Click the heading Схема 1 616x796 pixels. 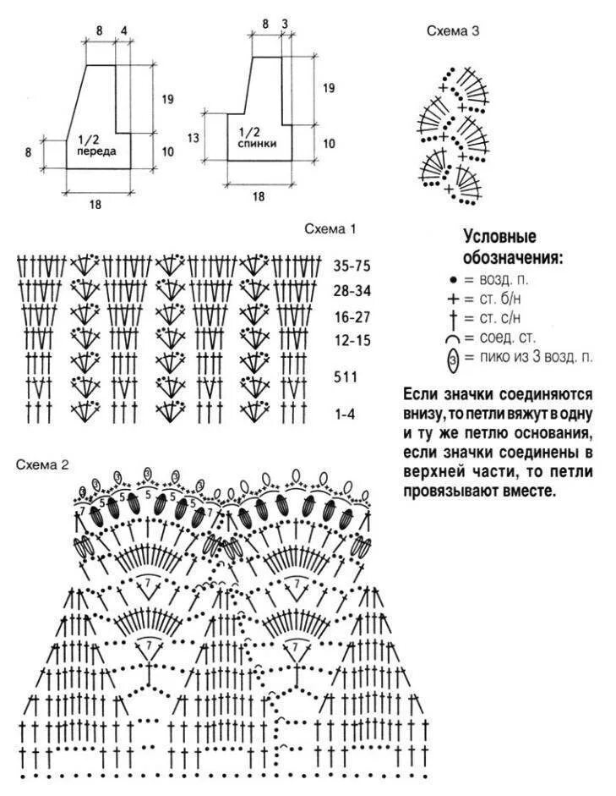click(331, 228)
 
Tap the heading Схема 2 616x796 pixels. click(42, 464)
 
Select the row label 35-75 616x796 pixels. click(352, 266)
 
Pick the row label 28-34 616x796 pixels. click(352, 291)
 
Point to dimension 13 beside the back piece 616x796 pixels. click(193, 137)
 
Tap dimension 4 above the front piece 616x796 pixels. click(124, 31)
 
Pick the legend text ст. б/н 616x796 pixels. click(502, 299)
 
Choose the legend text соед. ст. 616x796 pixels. click(505, 338)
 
